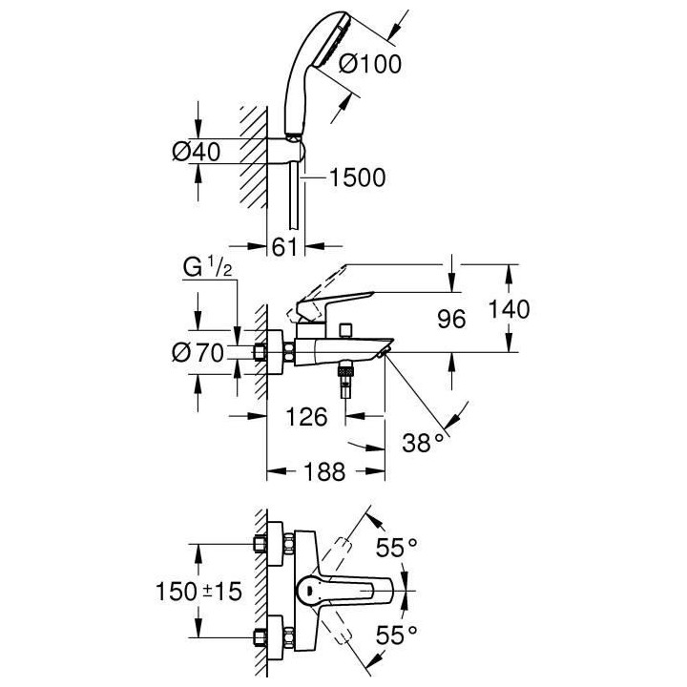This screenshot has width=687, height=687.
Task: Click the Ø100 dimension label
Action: (370, 64)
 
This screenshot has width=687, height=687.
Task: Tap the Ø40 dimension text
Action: (197, 152)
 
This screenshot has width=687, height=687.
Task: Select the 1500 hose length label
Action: (358, 177)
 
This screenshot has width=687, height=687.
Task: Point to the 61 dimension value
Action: (284, 247)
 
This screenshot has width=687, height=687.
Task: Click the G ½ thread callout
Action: (208, 267)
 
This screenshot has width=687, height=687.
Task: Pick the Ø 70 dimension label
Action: (198, 352)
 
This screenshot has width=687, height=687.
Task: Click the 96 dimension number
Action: (451, 319)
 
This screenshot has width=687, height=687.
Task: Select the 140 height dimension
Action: (510, 309)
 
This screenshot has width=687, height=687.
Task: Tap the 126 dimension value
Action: (306, 416)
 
